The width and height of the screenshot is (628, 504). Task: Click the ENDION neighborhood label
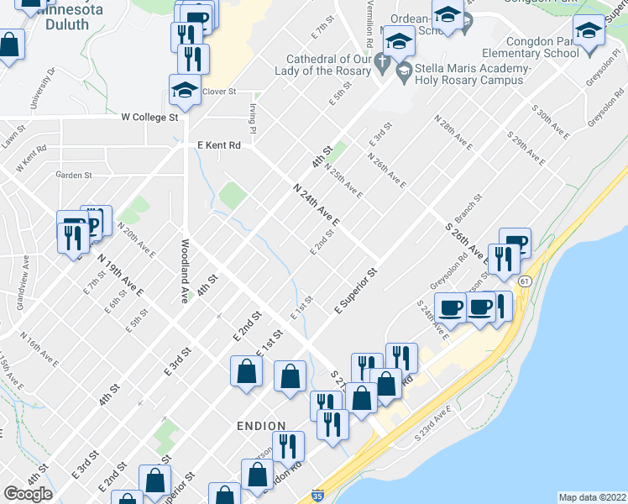point(260,426)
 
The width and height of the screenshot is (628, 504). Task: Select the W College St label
point(150,118)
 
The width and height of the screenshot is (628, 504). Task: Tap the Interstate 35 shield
point(317,496)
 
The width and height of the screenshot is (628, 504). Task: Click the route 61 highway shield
point(524,281)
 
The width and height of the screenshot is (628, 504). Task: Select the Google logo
point(28,494)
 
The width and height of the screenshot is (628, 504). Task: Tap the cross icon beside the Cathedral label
point(382,63)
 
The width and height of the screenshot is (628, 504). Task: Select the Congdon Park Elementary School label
point(542,46)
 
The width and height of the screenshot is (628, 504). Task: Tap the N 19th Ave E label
point(120,275)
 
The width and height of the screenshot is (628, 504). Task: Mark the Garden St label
point(73,175)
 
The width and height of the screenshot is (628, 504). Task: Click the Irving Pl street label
point(252,118)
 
